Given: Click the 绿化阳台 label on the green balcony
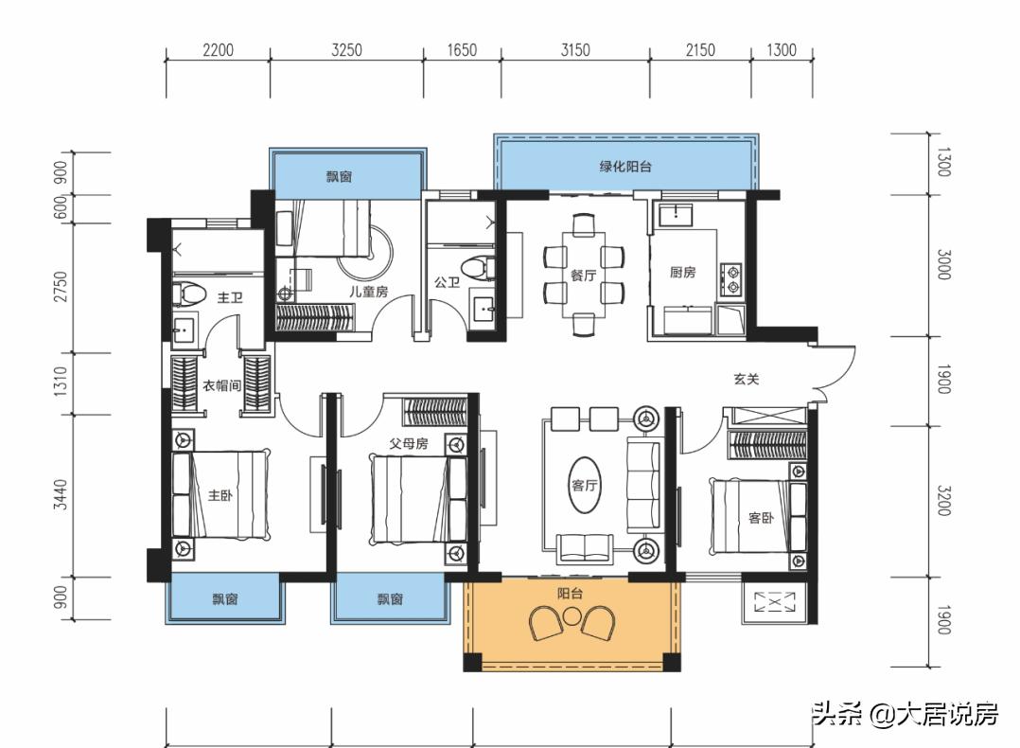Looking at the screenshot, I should click(x=624, y=167).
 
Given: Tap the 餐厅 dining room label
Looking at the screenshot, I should click(x=583, y=275).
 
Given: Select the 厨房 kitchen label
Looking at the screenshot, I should click(x=682, y=273).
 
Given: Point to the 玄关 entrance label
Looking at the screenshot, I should click(x=746, y=379).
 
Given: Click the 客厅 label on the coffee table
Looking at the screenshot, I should click(x=583, y=485).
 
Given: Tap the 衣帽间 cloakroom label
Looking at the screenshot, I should click(x=223, y=384).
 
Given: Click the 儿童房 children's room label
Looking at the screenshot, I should click(x=368, y=292).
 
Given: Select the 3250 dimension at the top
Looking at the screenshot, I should click(x=346, y=50).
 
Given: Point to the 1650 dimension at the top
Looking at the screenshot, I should click(x=461, y=50).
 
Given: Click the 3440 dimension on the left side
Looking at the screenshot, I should click(x=62, y=494).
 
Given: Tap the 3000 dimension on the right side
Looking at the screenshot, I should click(x=942, y=264).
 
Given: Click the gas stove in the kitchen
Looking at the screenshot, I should click(x=731, y=276).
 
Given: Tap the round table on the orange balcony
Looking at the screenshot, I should click(x=571, y=617).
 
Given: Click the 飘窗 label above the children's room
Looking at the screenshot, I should click(x=340, y=177).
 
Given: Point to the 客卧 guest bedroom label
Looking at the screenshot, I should click(x=761, y=518).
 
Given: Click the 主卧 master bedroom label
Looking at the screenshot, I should click(x=220, y=495).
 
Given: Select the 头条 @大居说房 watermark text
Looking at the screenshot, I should click(x=904, y=713).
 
